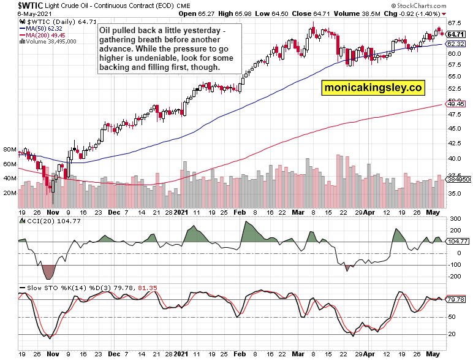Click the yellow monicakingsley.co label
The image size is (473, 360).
click(373, 88)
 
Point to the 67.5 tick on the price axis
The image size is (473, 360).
click(455, 23)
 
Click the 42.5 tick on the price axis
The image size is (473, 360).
click(455, 143)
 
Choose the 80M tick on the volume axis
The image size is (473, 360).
click(9, 149)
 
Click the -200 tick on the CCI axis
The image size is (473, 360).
click(455, 276)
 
